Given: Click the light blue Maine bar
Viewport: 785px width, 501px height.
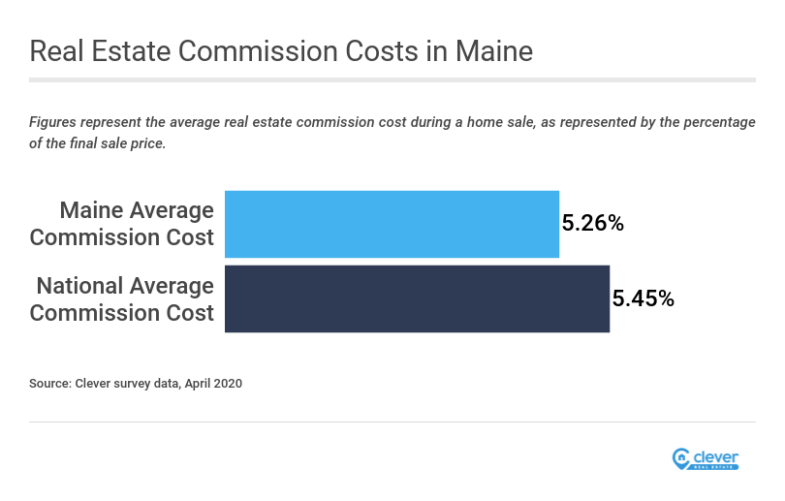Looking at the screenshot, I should pyautogui.click(x=392, y=224).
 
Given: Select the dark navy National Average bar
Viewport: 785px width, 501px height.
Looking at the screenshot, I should pyautogui.click(x=417, y=298).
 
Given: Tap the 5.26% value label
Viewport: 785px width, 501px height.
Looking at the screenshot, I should pyautogui.click(x=592, y=224).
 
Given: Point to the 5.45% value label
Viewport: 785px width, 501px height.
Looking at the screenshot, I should pyautogui.click(x=643, y=298).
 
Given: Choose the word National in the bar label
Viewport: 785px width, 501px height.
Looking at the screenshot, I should pyautogui.click(x=83, y=286).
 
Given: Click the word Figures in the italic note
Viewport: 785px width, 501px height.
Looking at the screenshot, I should pyautogui.click(x=53, y=122).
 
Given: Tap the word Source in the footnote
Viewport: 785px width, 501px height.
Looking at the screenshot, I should pyautogui.click(x=49, y=384).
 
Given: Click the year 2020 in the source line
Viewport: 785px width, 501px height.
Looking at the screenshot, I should pyautogui.click(x=228, y=384).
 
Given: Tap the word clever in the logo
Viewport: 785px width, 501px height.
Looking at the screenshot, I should pyautogui.click(x=715, y=455).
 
